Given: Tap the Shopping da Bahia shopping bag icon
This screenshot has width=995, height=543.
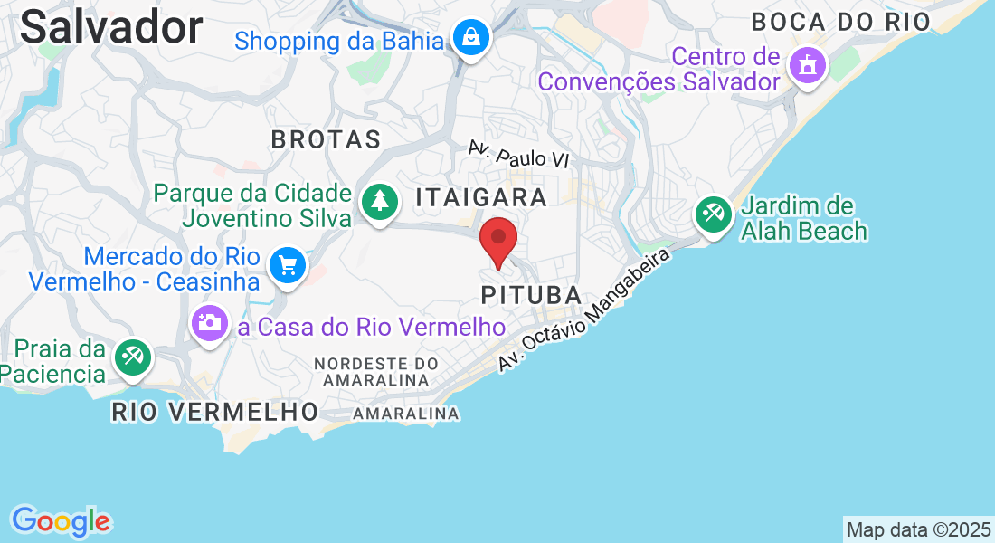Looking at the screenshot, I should click(x=472, y=38).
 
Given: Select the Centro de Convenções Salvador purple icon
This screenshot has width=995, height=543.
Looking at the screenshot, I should click(x=805, y=65).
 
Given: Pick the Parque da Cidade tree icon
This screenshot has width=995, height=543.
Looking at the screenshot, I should click(x=380, y=202).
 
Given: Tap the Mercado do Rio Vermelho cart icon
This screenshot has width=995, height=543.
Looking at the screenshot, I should click(x=289, y=266).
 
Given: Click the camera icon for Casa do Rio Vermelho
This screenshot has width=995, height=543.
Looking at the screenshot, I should click(x=209, y=323).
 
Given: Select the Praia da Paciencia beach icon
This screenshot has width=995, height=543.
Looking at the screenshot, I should click(x=133, y=357).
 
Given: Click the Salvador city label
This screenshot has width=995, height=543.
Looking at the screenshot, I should click(x=111, y=27).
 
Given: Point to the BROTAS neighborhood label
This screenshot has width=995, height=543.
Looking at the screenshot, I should click(x=326, y=139).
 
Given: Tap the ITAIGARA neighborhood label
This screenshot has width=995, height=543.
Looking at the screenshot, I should click(x=481, y=197).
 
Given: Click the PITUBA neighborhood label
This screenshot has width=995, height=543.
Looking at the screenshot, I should click(x=531, y=295).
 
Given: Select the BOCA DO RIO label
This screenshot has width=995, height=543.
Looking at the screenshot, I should click(x=840, y=22).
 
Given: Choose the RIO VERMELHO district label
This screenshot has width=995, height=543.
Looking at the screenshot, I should click(x=215, y=412).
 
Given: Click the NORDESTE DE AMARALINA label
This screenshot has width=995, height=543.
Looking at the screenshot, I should click(x=375, y=372).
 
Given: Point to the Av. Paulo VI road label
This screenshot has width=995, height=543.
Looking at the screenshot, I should click(x=518, y=154).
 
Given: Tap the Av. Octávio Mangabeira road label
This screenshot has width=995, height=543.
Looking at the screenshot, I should click(x=587, y=309).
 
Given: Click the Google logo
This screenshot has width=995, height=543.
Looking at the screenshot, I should click(x=61, y=520).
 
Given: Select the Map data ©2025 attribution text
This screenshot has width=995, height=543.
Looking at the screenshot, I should click(x=918, y=529).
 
